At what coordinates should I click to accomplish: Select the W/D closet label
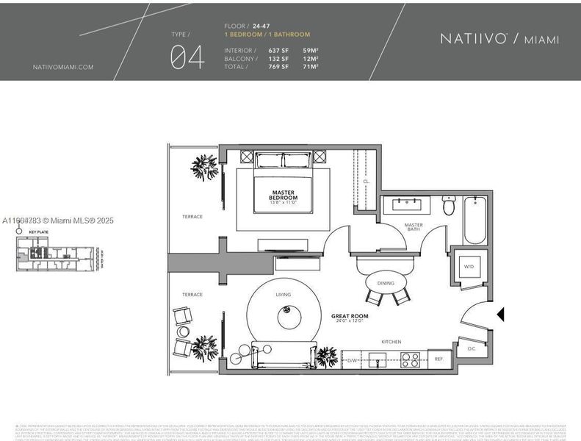click(469, 267)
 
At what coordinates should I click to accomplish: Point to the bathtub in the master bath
click(475, 220)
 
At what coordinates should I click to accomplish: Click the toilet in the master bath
click(449, 205)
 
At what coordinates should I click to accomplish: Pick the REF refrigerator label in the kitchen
click(439, 359)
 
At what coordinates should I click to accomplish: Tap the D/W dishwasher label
click(352, 360)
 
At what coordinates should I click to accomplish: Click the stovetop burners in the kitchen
click(411, 359)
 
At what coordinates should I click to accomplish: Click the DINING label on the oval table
click(386, 283)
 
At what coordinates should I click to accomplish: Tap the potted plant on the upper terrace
click(204, 167)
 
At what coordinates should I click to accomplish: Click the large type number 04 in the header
click(187, 57)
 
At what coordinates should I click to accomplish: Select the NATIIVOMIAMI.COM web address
click(63, 67)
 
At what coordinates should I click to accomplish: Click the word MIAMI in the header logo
click(541, 39)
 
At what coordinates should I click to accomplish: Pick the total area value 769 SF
click(278, 67)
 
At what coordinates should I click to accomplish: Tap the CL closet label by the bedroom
click(365, 180)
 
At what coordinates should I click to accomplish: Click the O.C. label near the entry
click(472, 348)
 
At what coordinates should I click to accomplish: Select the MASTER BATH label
click(414, 227)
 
